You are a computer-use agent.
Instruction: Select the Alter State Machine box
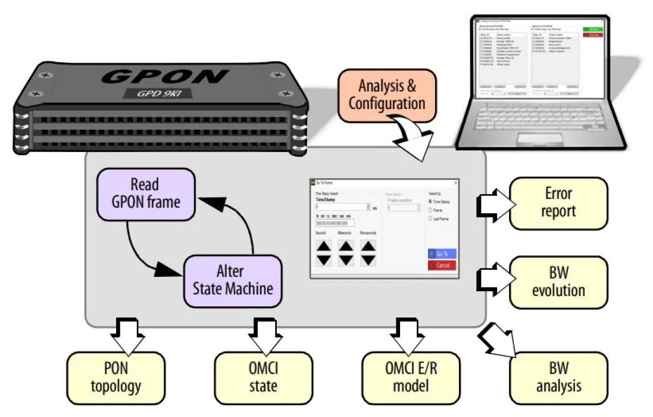pos(232,281)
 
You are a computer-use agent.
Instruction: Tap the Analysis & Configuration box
pos(387,94)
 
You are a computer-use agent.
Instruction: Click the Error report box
pos(558,203)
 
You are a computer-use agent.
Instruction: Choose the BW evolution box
pos(558,282)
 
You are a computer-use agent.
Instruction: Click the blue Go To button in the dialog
pos(442,254)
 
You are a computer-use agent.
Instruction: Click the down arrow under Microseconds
pos(368,260)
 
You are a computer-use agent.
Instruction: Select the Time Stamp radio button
pos(430,202)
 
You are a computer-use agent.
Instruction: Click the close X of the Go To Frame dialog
pos(455,182)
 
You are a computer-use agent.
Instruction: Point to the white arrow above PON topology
pos(129,337)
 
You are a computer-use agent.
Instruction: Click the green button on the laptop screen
pos(592,29)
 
